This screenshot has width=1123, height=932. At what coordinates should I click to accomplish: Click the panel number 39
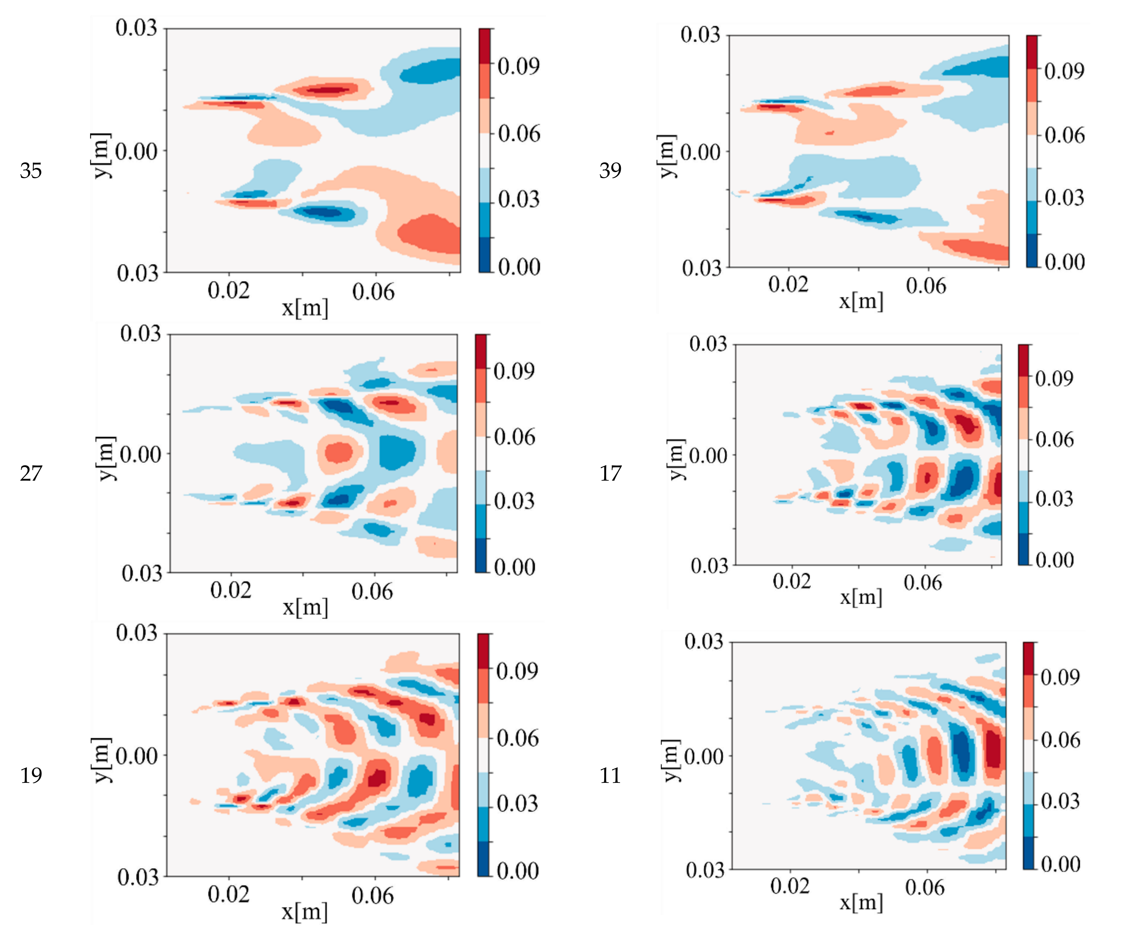610,171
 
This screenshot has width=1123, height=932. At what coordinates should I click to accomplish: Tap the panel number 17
610,473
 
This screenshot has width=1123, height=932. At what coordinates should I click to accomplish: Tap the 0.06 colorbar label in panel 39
1064,135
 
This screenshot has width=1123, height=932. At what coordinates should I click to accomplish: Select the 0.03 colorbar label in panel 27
514,501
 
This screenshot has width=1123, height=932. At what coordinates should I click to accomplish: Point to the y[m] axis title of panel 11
670,760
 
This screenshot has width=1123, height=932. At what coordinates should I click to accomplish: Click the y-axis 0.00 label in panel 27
140,454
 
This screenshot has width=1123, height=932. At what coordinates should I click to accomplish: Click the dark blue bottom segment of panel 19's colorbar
483,859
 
